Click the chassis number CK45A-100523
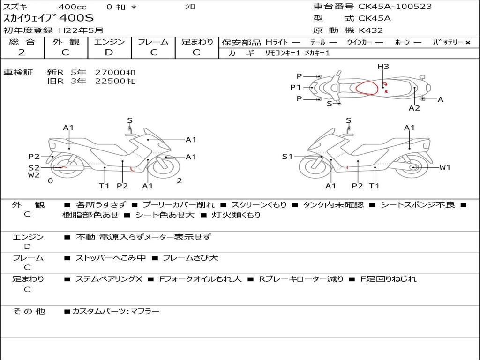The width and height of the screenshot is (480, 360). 395,6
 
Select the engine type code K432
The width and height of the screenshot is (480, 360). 370,30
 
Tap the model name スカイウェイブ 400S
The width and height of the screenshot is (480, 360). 48,18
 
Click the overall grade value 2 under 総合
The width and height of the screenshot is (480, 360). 22,52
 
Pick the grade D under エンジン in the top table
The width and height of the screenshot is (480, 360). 109,52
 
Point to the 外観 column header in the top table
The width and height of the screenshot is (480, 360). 66,42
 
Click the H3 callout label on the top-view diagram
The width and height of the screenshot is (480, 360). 383,67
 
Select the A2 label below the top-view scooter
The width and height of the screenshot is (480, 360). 414,108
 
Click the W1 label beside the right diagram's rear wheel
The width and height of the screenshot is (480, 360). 445,167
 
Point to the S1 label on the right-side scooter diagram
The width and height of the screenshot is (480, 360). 287,157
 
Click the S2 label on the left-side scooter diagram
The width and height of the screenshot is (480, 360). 34,168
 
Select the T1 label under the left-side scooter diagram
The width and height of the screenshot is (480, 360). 104,186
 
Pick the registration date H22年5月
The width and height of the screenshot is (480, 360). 81,30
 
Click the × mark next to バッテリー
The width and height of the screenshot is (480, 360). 468,43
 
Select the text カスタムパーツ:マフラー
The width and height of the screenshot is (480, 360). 116,311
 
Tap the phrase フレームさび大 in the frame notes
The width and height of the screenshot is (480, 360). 190,258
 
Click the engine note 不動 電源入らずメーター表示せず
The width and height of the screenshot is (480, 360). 143,237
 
